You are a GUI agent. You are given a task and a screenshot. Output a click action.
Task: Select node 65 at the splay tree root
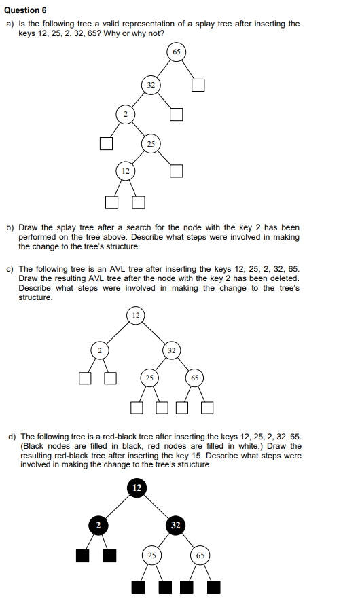pos(176,52)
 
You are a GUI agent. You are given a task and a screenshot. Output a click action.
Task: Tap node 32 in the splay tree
pos(150,85)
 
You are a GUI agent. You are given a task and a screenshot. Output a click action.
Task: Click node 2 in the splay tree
pos(124,113)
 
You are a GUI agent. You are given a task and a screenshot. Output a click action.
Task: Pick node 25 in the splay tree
pos(151,143)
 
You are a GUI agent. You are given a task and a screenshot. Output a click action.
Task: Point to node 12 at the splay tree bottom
pos(124,171)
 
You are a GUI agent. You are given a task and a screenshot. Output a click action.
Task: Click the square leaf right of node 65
pos(198,85)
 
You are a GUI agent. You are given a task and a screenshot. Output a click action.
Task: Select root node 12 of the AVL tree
pos(136,316)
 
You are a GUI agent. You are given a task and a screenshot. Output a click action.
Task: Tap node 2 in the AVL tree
pos(99,350)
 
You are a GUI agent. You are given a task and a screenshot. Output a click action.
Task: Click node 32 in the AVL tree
pos(172,350)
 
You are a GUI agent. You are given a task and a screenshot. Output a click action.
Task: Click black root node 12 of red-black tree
pos(137,488)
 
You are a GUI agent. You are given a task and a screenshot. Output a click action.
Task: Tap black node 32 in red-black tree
pos(175,525)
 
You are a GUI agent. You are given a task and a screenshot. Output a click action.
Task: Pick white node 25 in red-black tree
pos(151,555)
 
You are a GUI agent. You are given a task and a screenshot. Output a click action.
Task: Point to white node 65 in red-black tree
pos(200,555)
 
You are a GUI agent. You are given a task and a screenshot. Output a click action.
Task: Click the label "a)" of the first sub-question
pos(10,24)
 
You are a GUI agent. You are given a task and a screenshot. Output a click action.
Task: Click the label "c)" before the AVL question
pos(10,270)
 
